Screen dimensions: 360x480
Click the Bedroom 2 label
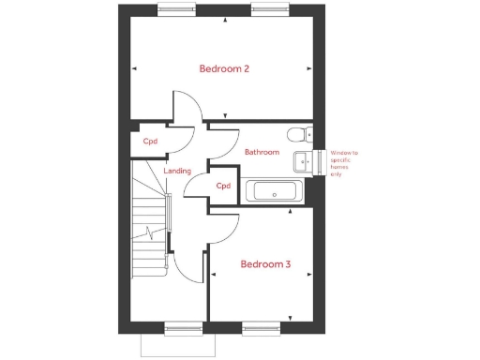point(223,68)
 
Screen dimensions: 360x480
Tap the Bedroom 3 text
point(265,264)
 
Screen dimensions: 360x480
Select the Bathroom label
point(262,152)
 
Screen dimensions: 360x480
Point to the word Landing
point(177,172)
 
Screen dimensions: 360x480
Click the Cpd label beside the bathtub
point(223,186)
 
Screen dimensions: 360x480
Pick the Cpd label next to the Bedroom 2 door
point(150,142)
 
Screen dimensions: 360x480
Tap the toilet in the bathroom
point(299,132)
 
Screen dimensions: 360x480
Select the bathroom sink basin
point(302,161)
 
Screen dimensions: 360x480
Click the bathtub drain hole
point(273,194)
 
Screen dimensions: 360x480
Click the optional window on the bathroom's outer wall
point(320,161)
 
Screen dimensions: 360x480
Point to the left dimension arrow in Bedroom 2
point(135,68)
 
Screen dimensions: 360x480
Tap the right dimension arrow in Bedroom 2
point(309,68)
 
